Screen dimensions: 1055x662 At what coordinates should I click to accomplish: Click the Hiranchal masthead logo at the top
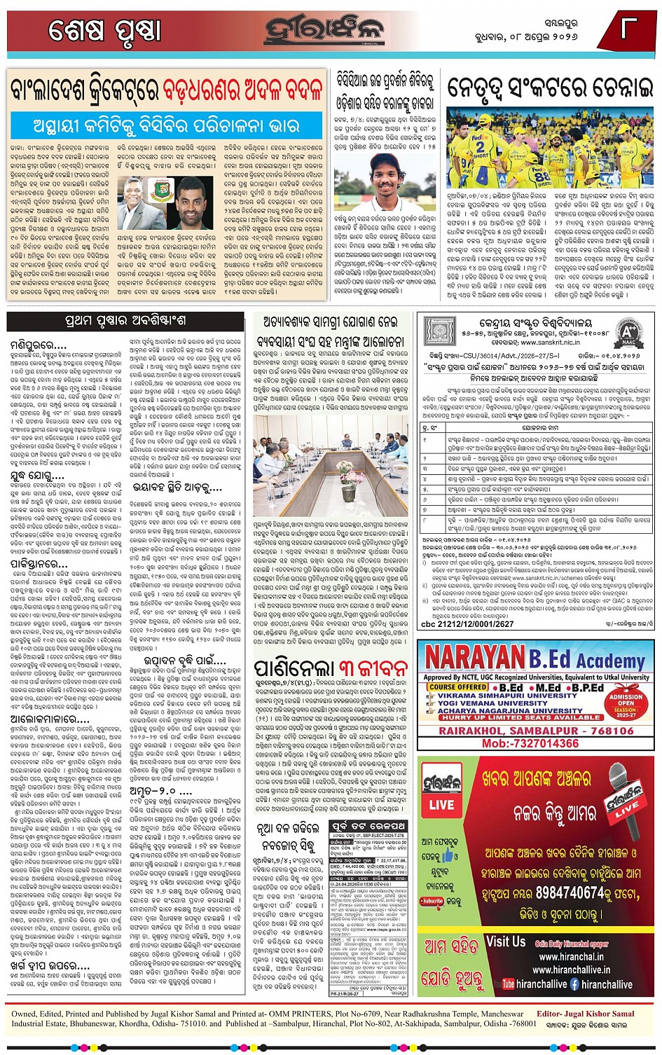tap(325, 30)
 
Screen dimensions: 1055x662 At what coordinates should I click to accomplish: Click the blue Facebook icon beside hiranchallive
tap(574, 984)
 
